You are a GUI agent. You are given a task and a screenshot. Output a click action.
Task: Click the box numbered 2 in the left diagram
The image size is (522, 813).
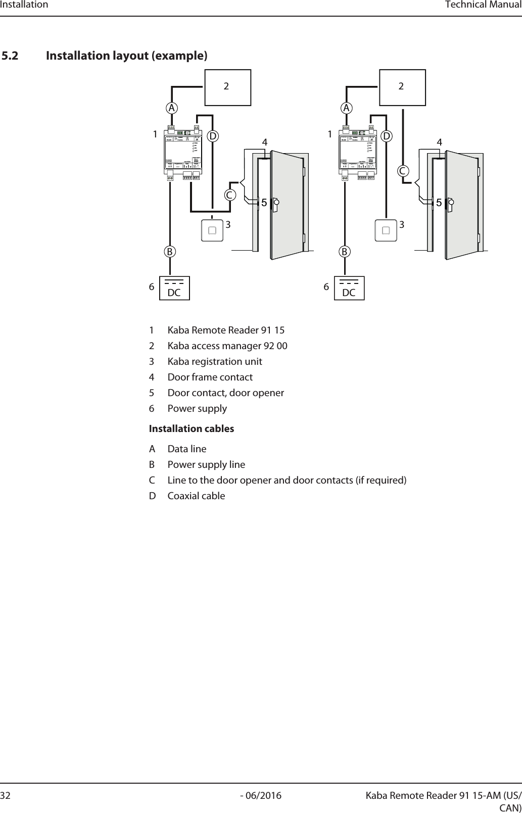click(227, 87)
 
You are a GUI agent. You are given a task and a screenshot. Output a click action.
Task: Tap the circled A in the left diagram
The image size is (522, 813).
click(172, 108)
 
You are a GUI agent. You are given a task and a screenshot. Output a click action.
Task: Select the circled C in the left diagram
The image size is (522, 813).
click(230, 195)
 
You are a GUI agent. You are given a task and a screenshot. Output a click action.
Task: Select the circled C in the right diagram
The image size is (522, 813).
click(403, 171)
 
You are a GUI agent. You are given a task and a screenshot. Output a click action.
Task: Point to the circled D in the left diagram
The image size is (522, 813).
click(214, 136)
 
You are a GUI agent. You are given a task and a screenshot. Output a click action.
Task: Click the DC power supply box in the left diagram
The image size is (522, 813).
click(174, 288)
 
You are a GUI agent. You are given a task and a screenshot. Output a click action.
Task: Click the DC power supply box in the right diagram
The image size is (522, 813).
click(349, 288)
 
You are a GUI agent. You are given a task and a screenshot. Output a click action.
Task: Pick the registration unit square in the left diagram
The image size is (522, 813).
click(212, 230)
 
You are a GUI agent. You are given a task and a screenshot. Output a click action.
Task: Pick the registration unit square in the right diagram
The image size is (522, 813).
click(386, 230)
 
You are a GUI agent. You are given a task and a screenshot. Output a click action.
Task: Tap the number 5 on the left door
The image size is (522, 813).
click(264, 203)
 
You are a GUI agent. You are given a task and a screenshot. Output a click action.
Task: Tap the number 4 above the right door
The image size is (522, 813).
click(440, 143)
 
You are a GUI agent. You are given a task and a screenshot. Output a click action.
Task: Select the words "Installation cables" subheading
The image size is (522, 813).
click(192, 429)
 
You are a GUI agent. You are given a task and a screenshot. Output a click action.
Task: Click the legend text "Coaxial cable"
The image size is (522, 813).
click(196, 496)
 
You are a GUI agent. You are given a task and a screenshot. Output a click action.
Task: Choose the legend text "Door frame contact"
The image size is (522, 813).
click(210, 377)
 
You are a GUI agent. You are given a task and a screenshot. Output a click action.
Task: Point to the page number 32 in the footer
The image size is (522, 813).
click(6, 796)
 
